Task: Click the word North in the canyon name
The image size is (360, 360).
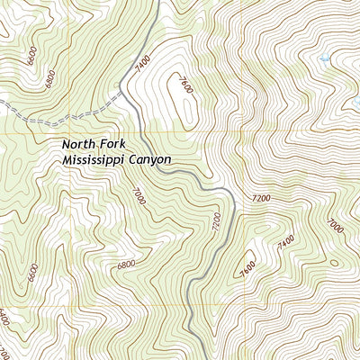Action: (78, 143)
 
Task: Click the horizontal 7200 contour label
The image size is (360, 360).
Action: (261, 197)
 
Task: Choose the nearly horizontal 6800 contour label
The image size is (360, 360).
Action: (127, 264)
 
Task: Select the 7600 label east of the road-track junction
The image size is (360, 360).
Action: (184, 87)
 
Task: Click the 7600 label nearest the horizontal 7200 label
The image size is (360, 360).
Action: (247, 267)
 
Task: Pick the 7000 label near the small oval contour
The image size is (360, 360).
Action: (334, 225)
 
